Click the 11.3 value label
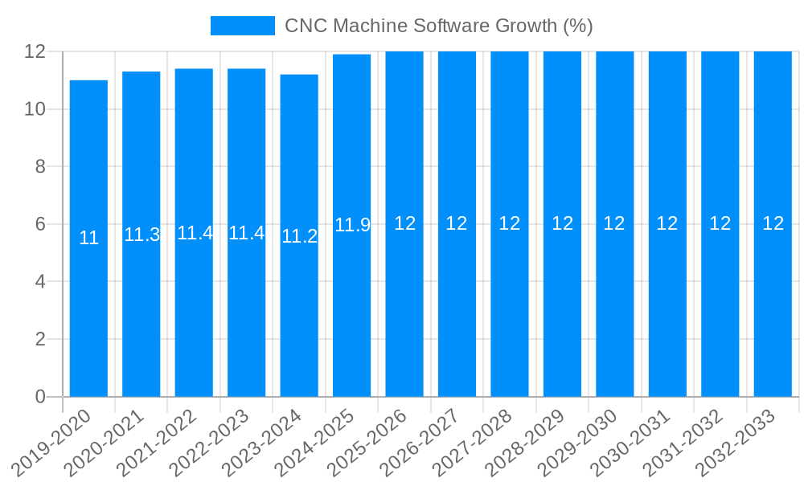coord(142,235)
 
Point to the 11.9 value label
coord(352,225)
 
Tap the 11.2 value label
coord(299,236)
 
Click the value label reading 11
coord(88,239)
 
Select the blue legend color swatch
coord(242,26)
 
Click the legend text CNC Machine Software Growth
coord(438,26)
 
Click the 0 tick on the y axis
coord(40,397)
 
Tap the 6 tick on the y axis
coord(40,224)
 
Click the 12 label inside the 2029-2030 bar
coord(614,223)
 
